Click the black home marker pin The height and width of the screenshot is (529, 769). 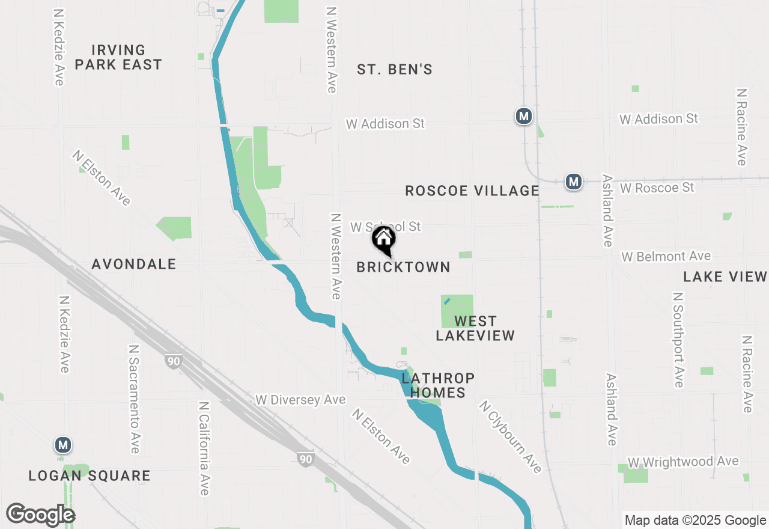pyautogui.click(x=384, y=240)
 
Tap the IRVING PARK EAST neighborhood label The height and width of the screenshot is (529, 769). pyautogui.click(x=118, y=57)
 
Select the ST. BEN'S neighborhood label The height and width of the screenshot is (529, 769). pyautogui.click(x=395, y=70)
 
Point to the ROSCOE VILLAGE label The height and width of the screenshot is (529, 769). pyautogui.click(x=472, y=191)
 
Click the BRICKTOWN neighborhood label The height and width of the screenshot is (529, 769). pyautogui.click(x=403, y=268)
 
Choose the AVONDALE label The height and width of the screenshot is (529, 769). pyautogui.click(x=134, y=264)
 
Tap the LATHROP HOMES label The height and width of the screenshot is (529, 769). pyautogui.click(x=438, y=385)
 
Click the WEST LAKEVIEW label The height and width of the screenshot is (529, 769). pyautogui.click(x=475, y=328)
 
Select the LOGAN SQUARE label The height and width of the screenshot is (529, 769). pyautogui.click(x=90, y=476)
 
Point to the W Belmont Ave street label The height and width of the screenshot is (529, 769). pyautogui.click(x=666, y=257)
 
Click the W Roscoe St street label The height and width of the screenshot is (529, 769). pyautogui.click(x=657, y=188)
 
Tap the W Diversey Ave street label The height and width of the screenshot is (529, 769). pyautogui.click(x=300, y=400)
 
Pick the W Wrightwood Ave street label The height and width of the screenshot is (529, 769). pyautogui.click(x=683, y=462)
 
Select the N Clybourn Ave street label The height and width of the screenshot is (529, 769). pyautogui.click(x=510, y=436)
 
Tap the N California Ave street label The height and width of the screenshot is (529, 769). pyautogui.click(x=204, y=448)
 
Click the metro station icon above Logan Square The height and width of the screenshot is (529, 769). pyautogui.click(x=62, y=445)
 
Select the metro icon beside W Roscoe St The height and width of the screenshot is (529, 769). pyautogui.click(x=574, y=181)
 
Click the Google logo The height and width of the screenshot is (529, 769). pyautogui.click(x=40, y=515)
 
